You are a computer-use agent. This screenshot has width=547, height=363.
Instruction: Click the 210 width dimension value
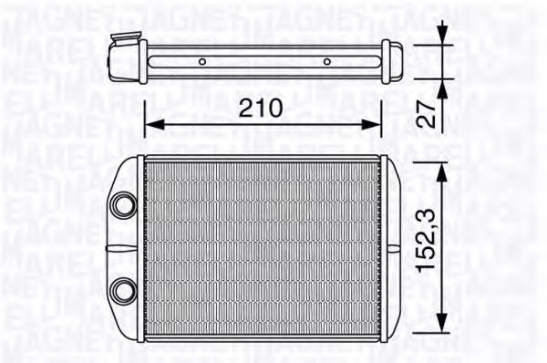tap(261, 108)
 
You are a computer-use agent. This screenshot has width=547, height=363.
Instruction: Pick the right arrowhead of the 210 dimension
tap(376, 125)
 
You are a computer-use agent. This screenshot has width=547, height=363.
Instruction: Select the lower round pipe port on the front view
tap(121, 291)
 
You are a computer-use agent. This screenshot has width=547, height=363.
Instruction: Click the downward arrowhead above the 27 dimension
tap(443, 37)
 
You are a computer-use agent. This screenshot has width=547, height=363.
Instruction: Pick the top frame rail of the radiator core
tap(263, 161)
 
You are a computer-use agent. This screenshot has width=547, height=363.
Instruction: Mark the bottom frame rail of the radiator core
tap(263, 336)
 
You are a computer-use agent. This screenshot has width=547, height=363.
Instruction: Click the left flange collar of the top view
tap(144, 61)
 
